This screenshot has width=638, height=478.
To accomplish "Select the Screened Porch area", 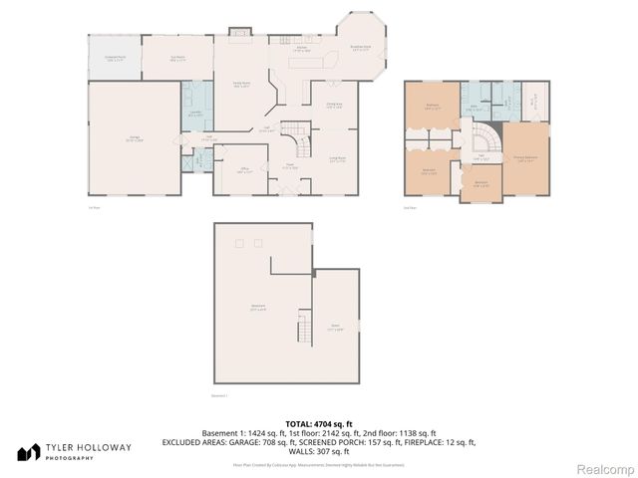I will pos(115,59).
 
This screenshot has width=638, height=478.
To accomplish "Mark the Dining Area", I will pos(334,106).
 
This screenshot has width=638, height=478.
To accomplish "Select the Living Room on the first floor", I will pos(337,159).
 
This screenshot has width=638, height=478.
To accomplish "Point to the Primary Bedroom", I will pos(525,157).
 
